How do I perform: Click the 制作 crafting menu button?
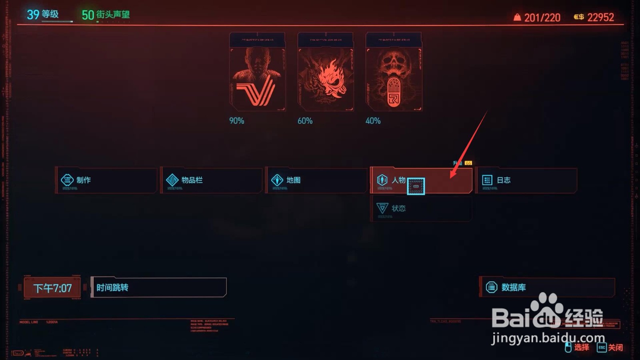tap(106, 180)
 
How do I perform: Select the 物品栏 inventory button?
tap(211, 180)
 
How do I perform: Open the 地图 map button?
tap(316, 180)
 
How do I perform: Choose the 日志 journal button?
tap(526, 180)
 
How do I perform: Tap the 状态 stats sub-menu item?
tap(421, 208)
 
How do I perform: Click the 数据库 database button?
tap(547, 287)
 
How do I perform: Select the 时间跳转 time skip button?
tap(159, 288)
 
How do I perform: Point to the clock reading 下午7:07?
tap(52, 288)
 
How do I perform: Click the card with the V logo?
tap(257, 72)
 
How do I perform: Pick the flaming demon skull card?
tap(326, 72)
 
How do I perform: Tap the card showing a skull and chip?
tap(394, 72)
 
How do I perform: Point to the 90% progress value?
tap(236, 121)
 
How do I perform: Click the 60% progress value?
tap(305, 121)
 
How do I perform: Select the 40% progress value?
tap(373, 121)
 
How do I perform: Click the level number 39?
tap(33, 15)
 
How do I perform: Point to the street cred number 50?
tap(88, 15)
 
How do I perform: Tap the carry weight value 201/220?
tap(542, 18)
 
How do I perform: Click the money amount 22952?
tap(600, 17)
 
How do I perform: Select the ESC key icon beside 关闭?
tap(602, 348)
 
